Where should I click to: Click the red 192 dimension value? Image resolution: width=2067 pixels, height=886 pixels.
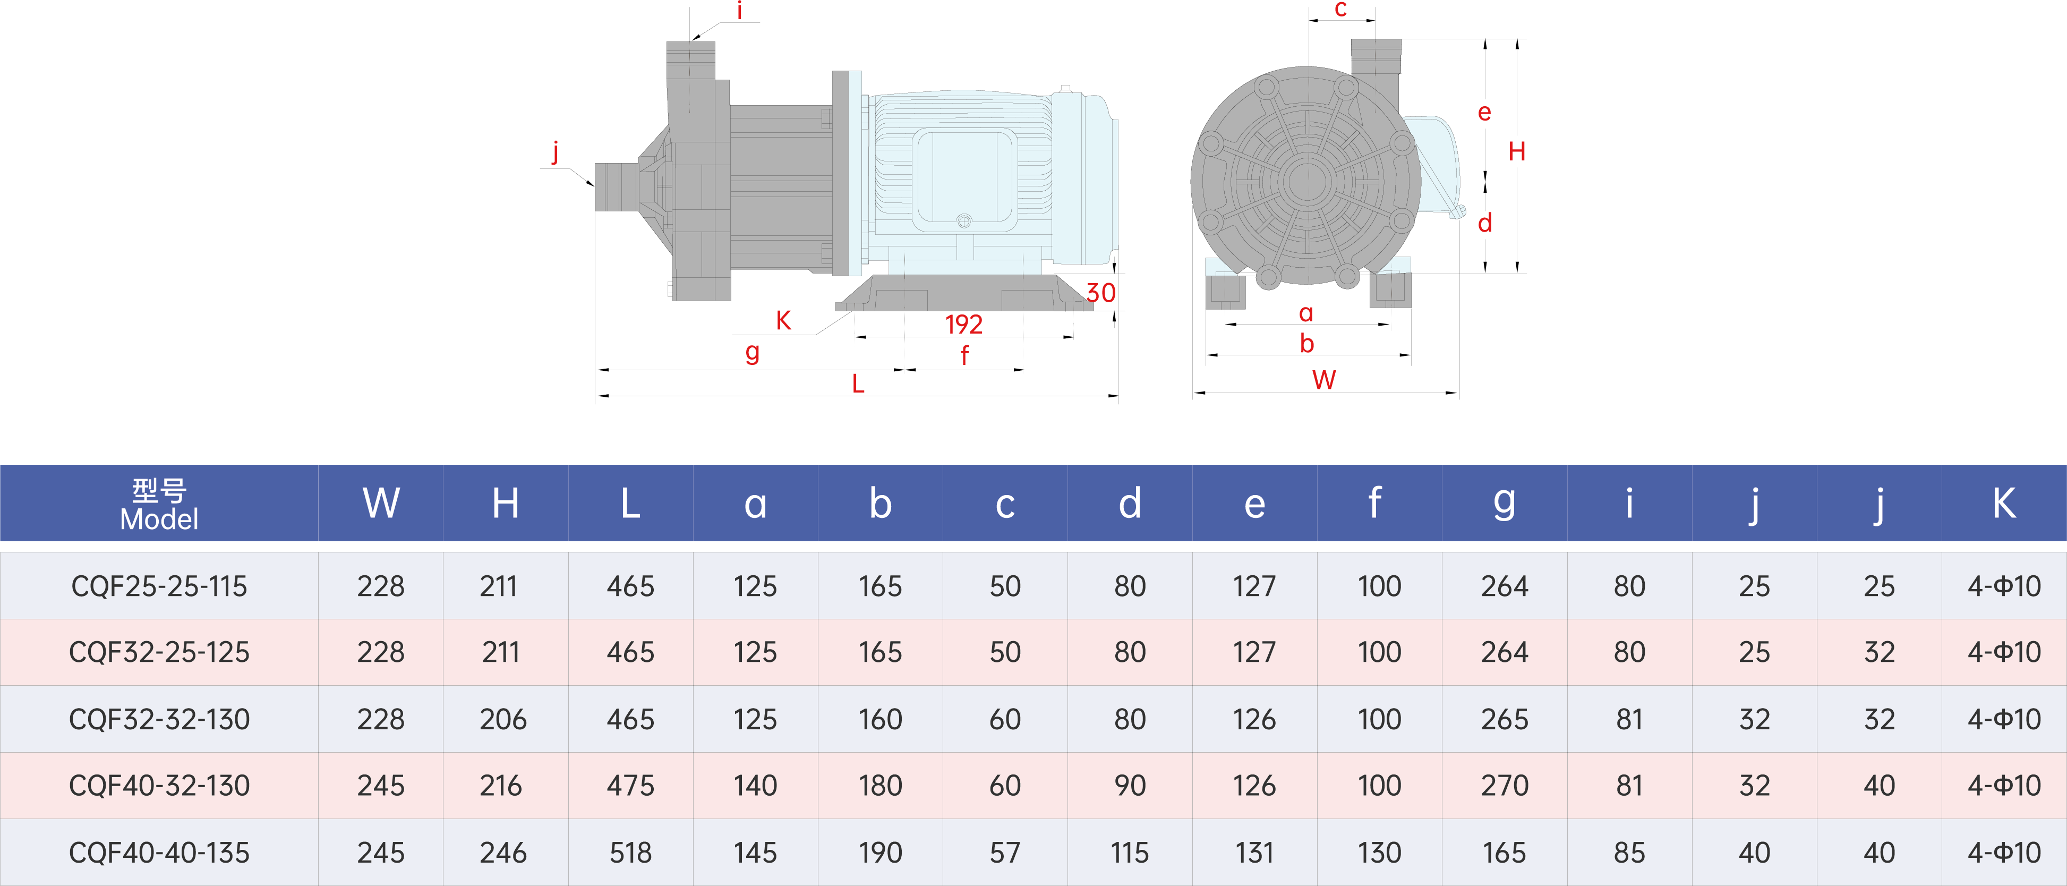(964, 323)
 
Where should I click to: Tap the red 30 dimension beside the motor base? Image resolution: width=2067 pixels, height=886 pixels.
(1101, 292)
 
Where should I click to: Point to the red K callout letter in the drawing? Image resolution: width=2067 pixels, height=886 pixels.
(783, 320)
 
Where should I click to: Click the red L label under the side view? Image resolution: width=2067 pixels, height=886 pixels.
(858, 384)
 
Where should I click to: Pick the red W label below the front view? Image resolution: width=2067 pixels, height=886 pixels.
(1324, 380)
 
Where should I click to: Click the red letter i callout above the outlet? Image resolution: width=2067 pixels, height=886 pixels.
(739, 11)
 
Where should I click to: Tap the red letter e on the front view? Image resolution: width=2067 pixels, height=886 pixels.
(1484, 113)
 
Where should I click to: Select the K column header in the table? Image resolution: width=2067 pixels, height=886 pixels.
(2004, 503)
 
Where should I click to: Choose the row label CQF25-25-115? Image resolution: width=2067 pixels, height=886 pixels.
(159, 586)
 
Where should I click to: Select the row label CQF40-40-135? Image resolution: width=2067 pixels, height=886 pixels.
(159, 853)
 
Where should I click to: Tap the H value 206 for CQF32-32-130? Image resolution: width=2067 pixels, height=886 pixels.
(503, 719)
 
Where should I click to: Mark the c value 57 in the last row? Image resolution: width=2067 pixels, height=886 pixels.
(1005, 853)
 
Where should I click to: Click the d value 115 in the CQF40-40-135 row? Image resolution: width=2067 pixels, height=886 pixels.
(1129, 853)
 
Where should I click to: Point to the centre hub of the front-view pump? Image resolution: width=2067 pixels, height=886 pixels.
(1306, 181)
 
